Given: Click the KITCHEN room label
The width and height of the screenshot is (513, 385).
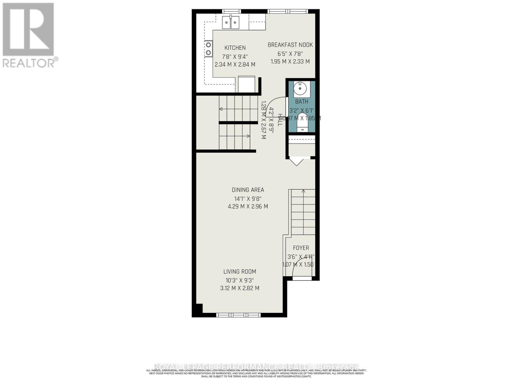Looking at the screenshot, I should (235, 48).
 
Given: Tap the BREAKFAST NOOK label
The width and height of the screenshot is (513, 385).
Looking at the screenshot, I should (290, 45).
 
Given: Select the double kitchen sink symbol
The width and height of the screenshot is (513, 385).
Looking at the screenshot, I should (231, 22).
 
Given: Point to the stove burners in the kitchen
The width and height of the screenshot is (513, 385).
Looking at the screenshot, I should (209, 48).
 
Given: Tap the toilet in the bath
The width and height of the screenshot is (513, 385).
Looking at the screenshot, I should (302, 123).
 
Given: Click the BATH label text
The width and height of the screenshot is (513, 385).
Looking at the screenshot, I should (302, 102).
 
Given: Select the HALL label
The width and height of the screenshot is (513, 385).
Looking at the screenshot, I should (280, 120).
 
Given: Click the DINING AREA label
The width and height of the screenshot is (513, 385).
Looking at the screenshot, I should (248, 190).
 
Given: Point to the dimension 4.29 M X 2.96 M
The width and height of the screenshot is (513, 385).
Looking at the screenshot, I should (248, 207).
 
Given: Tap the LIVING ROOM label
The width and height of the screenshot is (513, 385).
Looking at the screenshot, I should (240, 272).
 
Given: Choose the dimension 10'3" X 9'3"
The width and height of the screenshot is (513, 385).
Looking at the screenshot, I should (240, 280).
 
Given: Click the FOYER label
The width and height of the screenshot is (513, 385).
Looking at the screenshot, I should (301, 248).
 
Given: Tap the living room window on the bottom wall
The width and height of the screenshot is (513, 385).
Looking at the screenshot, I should (239, 315).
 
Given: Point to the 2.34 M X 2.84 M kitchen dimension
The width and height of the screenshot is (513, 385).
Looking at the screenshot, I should (235, 64).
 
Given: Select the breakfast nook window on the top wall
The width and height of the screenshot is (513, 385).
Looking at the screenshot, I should (288, 12).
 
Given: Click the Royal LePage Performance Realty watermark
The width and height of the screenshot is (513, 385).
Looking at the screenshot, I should (256, 367).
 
